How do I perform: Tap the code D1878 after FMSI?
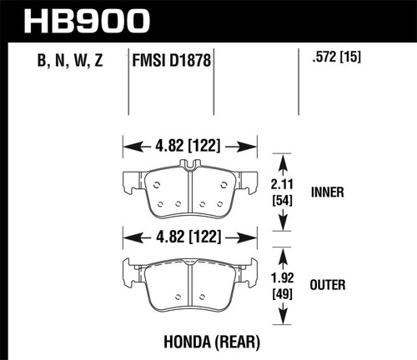click(188, 59)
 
